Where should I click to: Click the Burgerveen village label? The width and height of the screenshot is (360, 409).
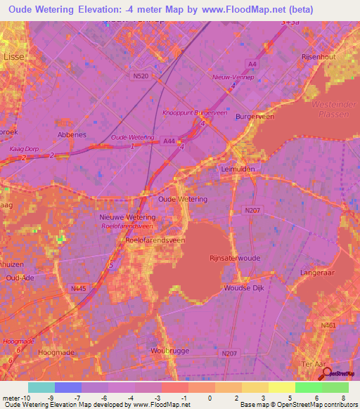pyautogui.click(x=254, y=117)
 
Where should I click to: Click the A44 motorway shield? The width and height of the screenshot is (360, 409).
pyautogui.click(x=169, y=141)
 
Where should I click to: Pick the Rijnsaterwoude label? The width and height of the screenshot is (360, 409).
pyautogui.click(x=235, y=258)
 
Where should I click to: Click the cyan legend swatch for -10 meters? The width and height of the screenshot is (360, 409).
pyautogui.click(x=41, y=387)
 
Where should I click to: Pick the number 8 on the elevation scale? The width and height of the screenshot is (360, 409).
pyautogui.click(x=343, y=398)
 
